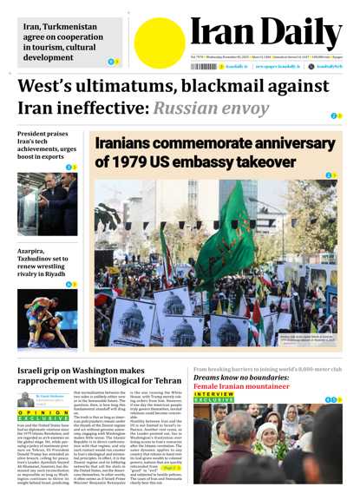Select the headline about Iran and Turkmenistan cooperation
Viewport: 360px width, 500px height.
coord(58,42)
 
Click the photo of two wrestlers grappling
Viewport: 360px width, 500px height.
coord(47,318)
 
